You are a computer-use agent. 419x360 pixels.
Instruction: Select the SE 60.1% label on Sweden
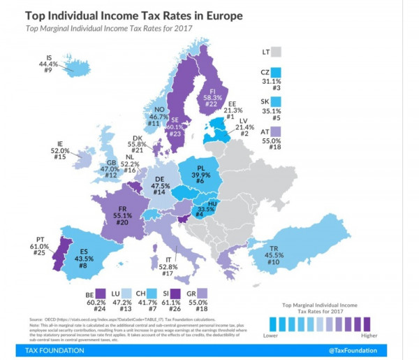[x=179, y=127]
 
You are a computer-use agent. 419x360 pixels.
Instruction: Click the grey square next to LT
[x=277, y=51]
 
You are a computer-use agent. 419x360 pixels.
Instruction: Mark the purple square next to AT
[x=276, y=131]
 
